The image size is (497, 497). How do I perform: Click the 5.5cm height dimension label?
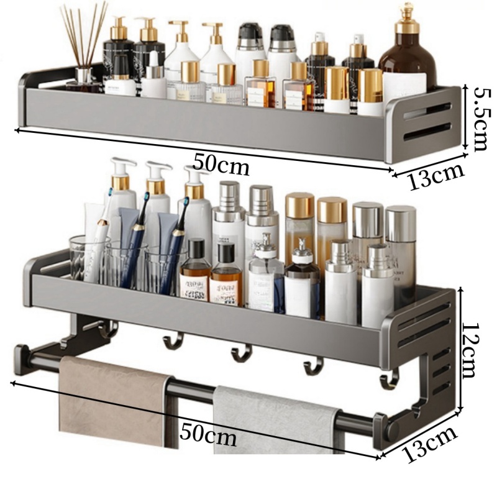[x=480, y=117]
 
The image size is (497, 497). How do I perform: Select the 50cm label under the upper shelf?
[x=221, y=165]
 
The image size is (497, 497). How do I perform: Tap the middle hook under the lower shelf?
[x=242, y=354]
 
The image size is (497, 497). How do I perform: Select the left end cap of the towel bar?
[x=21, y=358]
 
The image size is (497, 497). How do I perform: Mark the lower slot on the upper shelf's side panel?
[x=427, y=132]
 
